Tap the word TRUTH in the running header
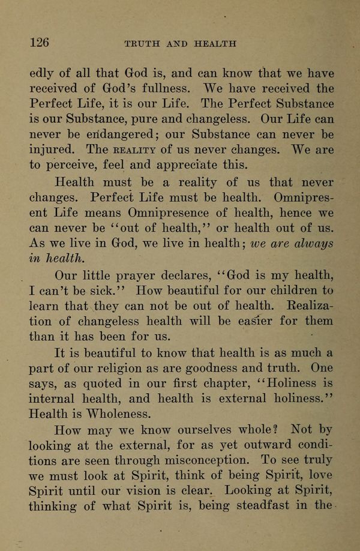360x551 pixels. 140,43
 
